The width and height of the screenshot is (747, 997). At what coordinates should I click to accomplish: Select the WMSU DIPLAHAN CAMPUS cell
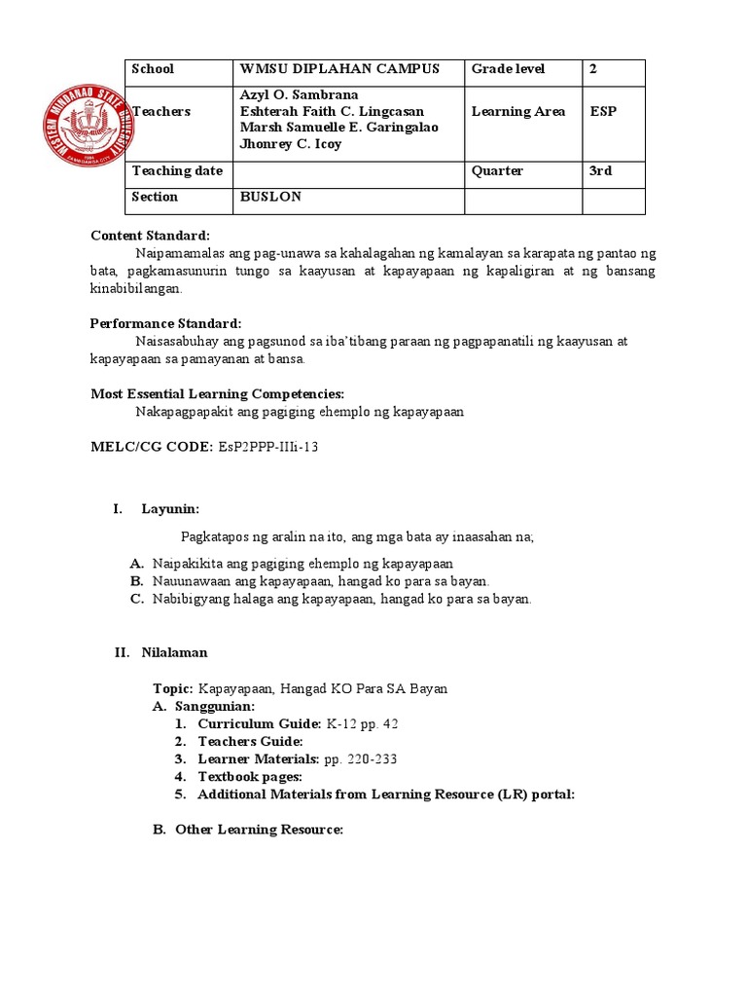[339, 69]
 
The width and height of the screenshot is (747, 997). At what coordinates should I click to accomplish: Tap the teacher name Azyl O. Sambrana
[299, 94]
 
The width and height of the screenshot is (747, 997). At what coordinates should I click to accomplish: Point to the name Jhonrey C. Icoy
[291, 144]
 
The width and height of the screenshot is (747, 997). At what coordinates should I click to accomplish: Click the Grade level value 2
[593, 69]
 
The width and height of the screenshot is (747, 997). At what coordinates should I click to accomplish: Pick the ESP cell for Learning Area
[603, 111]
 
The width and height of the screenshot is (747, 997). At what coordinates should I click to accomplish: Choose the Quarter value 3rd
[601, 170]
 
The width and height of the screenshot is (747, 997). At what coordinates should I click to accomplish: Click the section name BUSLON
[270, 197]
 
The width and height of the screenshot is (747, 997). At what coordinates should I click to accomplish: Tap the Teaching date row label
[177, 170]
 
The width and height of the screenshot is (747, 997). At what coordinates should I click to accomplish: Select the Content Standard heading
[150, 236]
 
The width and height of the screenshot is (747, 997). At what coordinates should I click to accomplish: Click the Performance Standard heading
[165, 323]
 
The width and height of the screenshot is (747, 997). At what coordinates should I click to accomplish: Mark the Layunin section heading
[170, 509]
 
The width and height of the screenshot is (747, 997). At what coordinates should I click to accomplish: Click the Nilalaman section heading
[174, 652]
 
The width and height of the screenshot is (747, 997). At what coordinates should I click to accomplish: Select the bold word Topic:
[173, 688]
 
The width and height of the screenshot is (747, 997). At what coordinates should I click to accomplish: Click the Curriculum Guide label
[259, 724]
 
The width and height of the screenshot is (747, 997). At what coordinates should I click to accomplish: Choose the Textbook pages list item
[250, 777]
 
